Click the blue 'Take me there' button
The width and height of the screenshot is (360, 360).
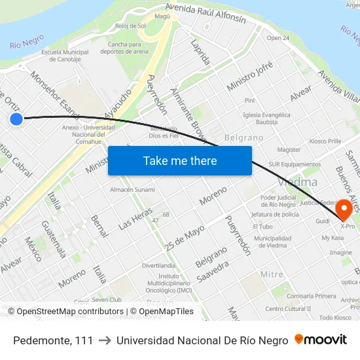[180, 160]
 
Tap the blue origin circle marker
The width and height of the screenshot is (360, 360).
[16, 118]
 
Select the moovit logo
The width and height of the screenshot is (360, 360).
[321, 340]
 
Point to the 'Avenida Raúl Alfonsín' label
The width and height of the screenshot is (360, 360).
[206, 14]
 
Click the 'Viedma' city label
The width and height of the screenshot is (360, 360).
[298, 181]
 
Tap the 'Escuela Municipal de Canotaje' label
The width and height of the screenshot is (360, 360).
[65, 56]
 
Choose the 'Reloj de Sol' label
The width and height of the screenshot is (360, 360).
[131, 26]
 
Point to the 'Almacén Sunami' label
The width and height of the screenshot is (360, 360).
[132, 190]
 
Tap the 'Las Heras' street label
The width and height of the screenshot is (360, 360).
[135, 216]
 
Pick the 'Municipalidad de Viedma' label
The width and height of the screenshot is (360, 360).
[273, 242]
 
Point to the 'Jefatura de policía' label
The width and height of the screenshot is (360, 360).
[275, 214]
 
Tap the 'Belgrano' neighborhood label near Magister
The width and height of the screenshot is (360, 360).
[243, 138]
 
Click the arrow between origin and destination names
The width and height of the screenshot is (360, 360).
[105, 340]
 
